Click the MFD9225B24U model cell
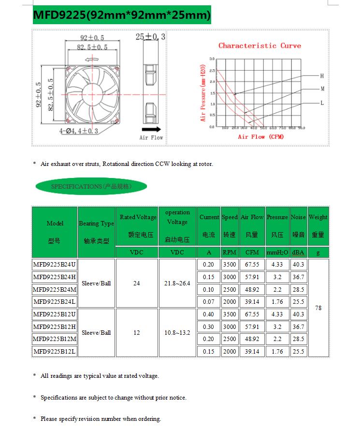pos(55,265)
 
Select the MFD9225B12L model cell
pos(55,352)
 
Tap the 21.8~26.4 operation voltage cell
pos(177,283)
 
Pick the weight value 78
pos(318,308)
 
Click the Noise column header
pos(298,226)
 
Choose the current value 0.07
pos(208,302)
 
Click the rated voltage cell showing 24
pos(137,283)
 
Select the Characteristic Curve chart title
pos(259,45)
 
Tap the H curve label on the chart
pos(322,76)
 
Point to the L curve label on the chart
pos(322,103)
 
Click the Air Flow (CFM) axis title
pos(261,137)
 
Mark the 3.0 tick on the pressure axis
pos(212,59)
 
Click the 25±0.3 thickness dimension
pos(150,37)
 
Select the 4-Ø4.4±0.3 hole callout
pos(79,131)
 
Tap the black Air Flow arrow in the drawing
pos(152,130)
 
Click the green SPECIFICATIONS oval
pos(91,186)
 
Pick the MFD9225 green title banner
pos(121,15)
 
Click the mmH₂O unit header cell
pos(277,253)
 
